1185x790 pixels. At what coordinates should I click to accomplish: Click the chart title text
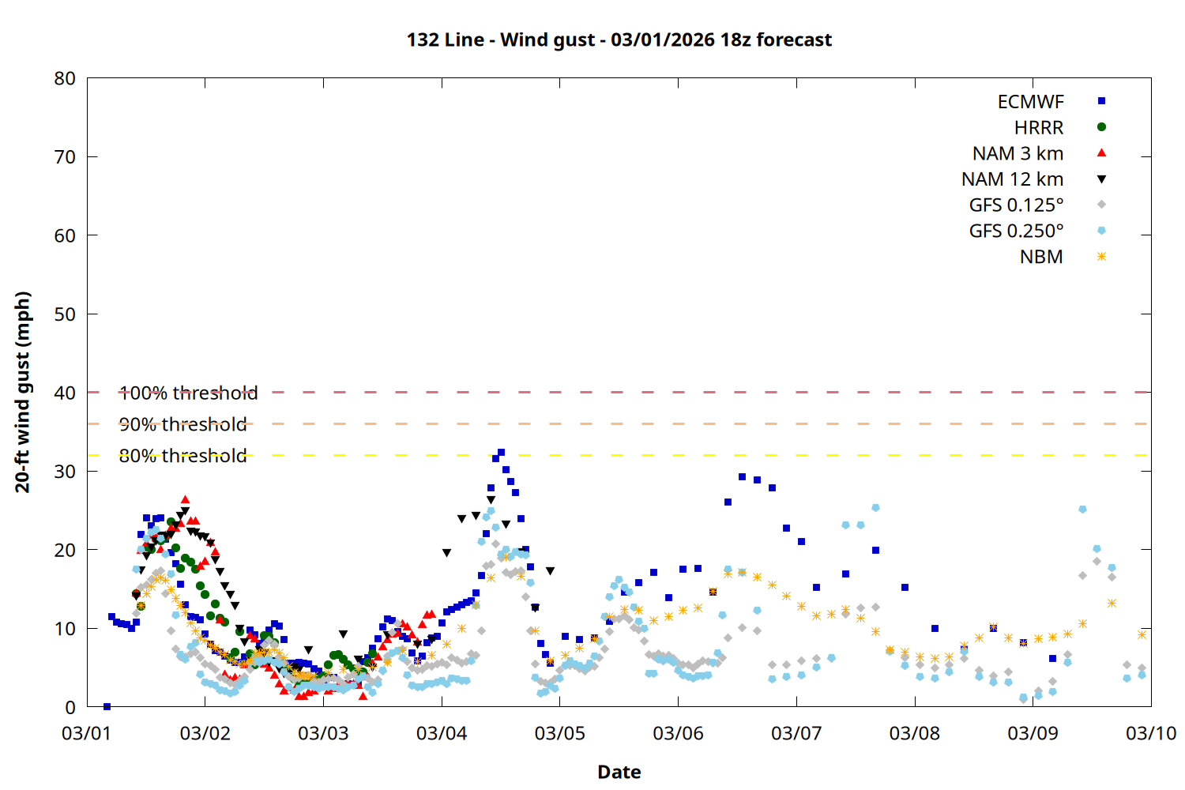pyautogui.click(x=619, y=39)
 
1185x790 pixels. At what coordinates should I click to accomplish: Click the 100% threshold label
pyautogui.click(x=188, y=393)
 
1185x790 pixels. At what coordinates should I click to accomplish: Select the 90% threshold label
pyautogui.click(x=182, y=424)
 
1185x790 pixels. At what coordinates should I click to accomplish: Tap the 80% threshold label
pyautogui.click(x=182, y=456)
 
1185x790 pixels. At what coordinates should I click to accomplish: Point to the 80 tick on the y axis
pyautogui.click(x=66, y=78)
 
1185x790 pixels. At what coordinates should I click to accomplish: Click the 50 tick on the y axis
pyautogui.click(x=66, y=314)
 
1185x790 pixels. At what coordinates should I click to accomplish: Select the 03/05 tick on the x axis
pyautogui.click(x=559, y=733)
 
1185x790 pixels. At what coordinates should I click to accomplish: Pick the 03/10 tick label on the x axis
pyautogui.click(x=1150, y=733)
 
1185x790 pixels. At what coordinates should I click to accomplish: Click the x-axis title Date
pyautogui.click(x=619, y=772)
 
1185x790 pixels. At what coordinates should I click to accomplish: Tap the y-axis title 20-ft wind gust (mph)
pyautogui.click(x=23, y=392)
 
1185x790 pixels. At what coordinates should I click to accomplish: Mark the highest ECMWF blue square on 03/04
pyautogui.click(x=501, y=453)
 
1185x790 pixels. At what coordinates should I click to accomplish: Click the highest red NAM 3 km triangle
pyautogui.click(x=185, y=499)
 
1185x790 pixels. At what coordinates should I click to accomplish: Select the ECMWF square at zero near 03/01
pyautogui.click(x=107, y=706)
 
